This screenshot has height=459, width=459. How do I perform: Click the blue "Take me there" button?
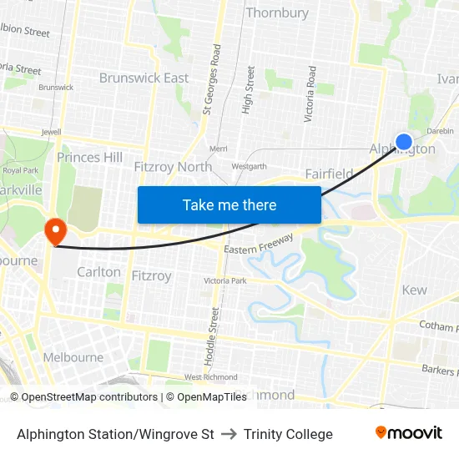(x=229, y=204)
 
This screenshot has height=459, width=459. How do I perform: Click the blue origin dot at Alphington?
(x=404, y=142)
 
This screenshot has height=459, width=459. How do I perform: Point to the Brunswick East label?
(x=144, y=78)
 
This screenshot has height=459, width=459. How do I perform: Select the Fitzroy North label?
(x=173, y=166)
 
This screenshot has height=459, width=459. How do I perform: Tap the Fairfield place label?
(x=329, y=174)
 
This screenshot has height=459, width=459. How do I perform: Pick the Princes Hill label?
(x=89, y=157)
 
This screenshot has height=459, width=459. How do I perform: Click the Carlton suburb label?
(x=98, y=272)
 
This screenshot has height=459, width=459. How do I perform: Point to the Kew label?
(x=414, y=290)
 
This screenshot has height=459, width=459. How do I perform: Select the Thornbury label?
(x=277, y=13)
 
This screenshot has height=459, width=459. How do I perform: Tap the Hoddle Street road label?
(x=214, y=338)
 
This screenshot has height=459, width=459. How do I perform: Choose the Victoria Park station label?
(x=225, y=281)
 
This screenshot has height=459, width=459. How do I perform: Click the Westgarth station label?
(x=250, y=166)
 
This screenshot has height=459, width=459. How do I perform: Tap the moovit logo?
(x=409, y=433)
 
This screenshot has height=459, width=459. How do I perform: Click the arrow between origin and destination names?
(x=229, y=434)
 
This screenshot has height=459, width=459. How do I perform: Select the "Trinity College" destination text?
(x=288, y=434)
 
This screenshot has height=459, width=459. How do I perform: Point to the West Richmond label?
(x=211, y=377)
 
